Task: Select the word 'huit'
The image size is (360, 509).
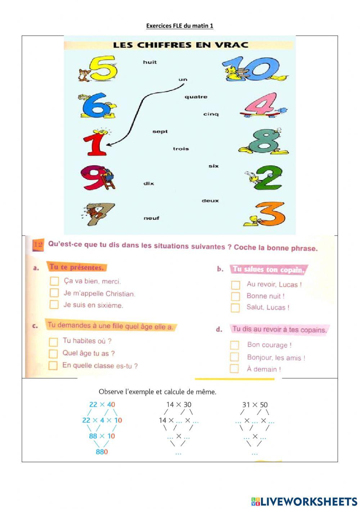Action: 150,62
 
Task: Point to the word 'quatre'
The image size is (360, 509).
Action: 196,97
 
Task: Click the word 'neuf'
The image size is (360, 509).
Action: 151,218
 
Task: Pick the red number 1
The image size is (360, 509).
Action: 95,143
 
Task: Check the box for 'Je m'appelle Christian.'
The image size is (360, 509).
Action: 54,293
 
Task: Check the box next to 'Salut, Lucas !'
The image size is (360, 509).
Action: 235,308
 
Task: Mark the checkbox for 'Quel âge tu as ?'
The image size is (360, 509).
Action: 53,353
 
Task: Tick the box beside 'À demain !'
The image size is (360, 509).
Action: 234,369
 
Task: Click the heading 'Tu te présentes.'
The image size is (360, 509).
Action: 77,267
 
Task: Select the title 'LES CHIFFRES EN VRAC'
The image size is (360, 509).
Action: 181,45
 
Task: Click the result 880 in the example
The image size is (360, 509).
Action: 102,452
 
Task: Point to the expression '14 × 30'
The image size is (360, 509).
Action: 179,405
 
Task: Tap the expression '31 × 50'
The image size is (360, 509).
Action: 255,405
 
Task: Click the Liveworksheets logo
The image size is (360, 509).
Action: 304,501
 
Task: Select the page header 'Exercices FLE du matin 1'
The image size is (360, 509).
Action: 180,26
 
